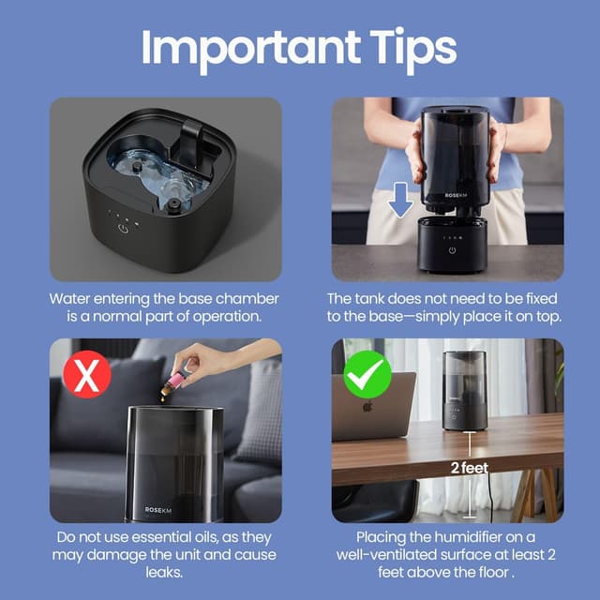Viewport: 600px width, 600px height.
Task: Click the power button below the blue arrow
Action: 452,249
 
